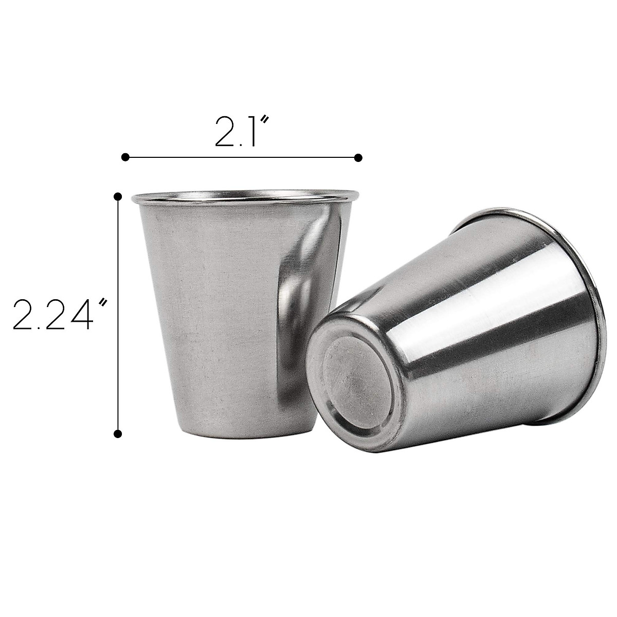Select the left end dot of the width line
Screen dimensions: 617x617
[125, 157]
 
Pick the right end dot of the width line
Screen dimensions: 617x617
[358, 157]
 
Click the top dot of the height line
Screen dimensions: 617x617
[118, 196]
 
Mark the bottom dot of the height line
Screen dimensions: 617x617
[118, 433]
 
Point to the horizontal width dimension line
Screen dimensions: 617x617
[242, 157]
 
